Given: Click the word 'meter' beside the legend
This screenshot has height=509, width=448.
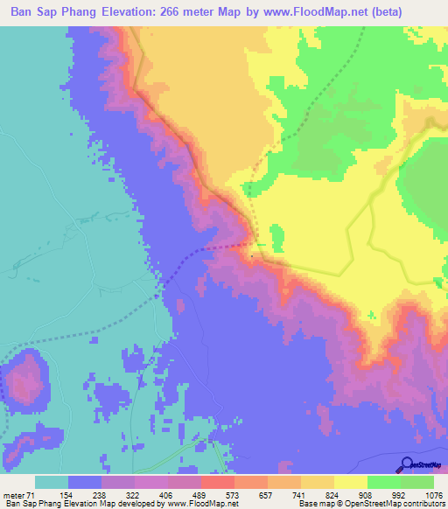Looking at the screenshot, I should tap(17, 494).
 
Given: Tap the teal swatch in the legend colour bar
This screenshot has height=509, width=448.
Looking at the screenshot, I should tap(52, 482).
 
